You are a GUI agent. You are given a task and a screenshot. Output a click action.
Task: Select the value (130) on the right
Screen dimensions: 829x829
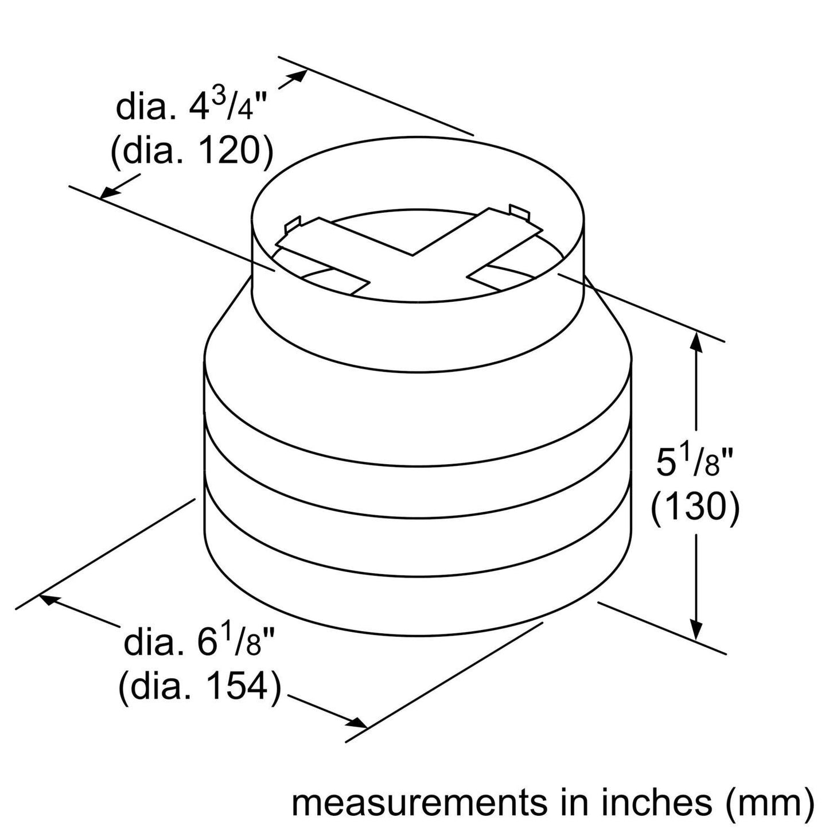[694, 506]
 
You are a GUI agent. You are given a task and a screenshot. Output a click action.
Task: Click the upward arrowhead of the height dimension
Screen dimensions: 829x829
[696, 341]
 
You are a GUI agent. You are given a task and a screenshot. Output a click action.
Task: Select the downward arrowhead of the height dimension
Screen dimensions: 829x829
[696, 631]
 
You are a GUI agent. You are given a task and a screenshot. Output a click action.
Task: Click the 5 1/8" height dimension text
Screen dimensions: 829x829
[694, 463]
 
